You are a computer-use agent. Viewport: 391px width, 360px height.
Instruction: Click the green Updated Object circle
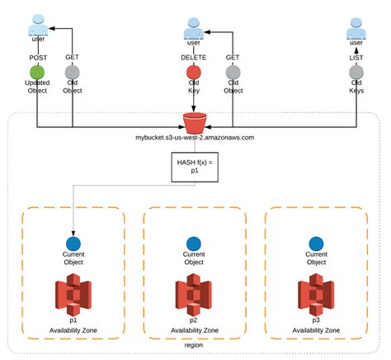pos(37,72)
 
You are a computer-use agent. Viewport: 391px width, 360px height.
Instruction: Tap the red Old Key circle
pos(193,72)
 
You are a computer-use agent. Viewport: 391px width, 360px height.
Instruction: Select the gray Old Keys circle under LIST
pos(356,73)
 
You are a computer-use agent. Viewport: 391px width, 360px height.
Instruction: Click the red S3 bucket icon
pos(195,124)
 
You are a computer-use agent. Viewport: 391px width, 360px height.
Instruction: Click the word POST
pos(37,57)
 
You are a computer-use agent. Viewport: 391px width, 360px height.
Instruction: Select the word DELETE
pos(193,57)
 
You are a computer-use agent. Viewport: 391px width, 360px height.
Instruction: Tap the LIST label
pos(356,57)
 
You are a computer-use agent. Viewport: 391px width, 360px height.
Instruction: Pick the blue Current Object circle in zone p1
pos(73,244)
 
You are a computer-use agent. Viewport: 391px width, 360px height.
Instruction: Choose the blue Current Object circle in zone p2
pos(194,244)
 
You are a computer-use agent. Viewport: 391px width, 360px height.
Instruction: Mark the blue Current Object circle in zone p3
pos(316,244)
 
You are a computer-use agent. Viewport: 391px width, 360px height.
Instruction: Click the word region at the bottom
pos(195,344)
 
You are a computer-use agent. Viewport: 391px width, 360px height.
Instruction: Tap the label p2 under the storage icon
pos(194,319)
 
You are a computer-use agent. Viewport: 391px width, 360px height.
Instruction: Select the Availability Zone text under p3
pos(316,329)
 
